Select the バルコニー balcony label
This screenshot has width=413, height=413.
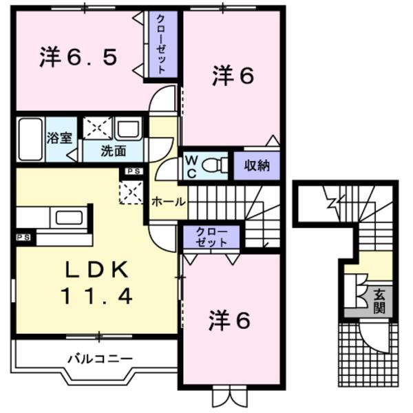(100, 358)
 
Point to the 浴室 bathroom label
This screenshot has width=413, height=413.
(59, 138)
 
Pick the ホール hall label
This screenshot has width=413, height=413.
(167, 202)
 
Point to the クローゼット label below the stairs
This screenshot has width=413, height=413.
(211, 237)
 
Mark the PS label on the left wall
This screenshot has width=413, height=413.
(23, 237)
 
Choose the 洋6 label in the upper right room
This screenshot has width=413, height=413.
(232, 76)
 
